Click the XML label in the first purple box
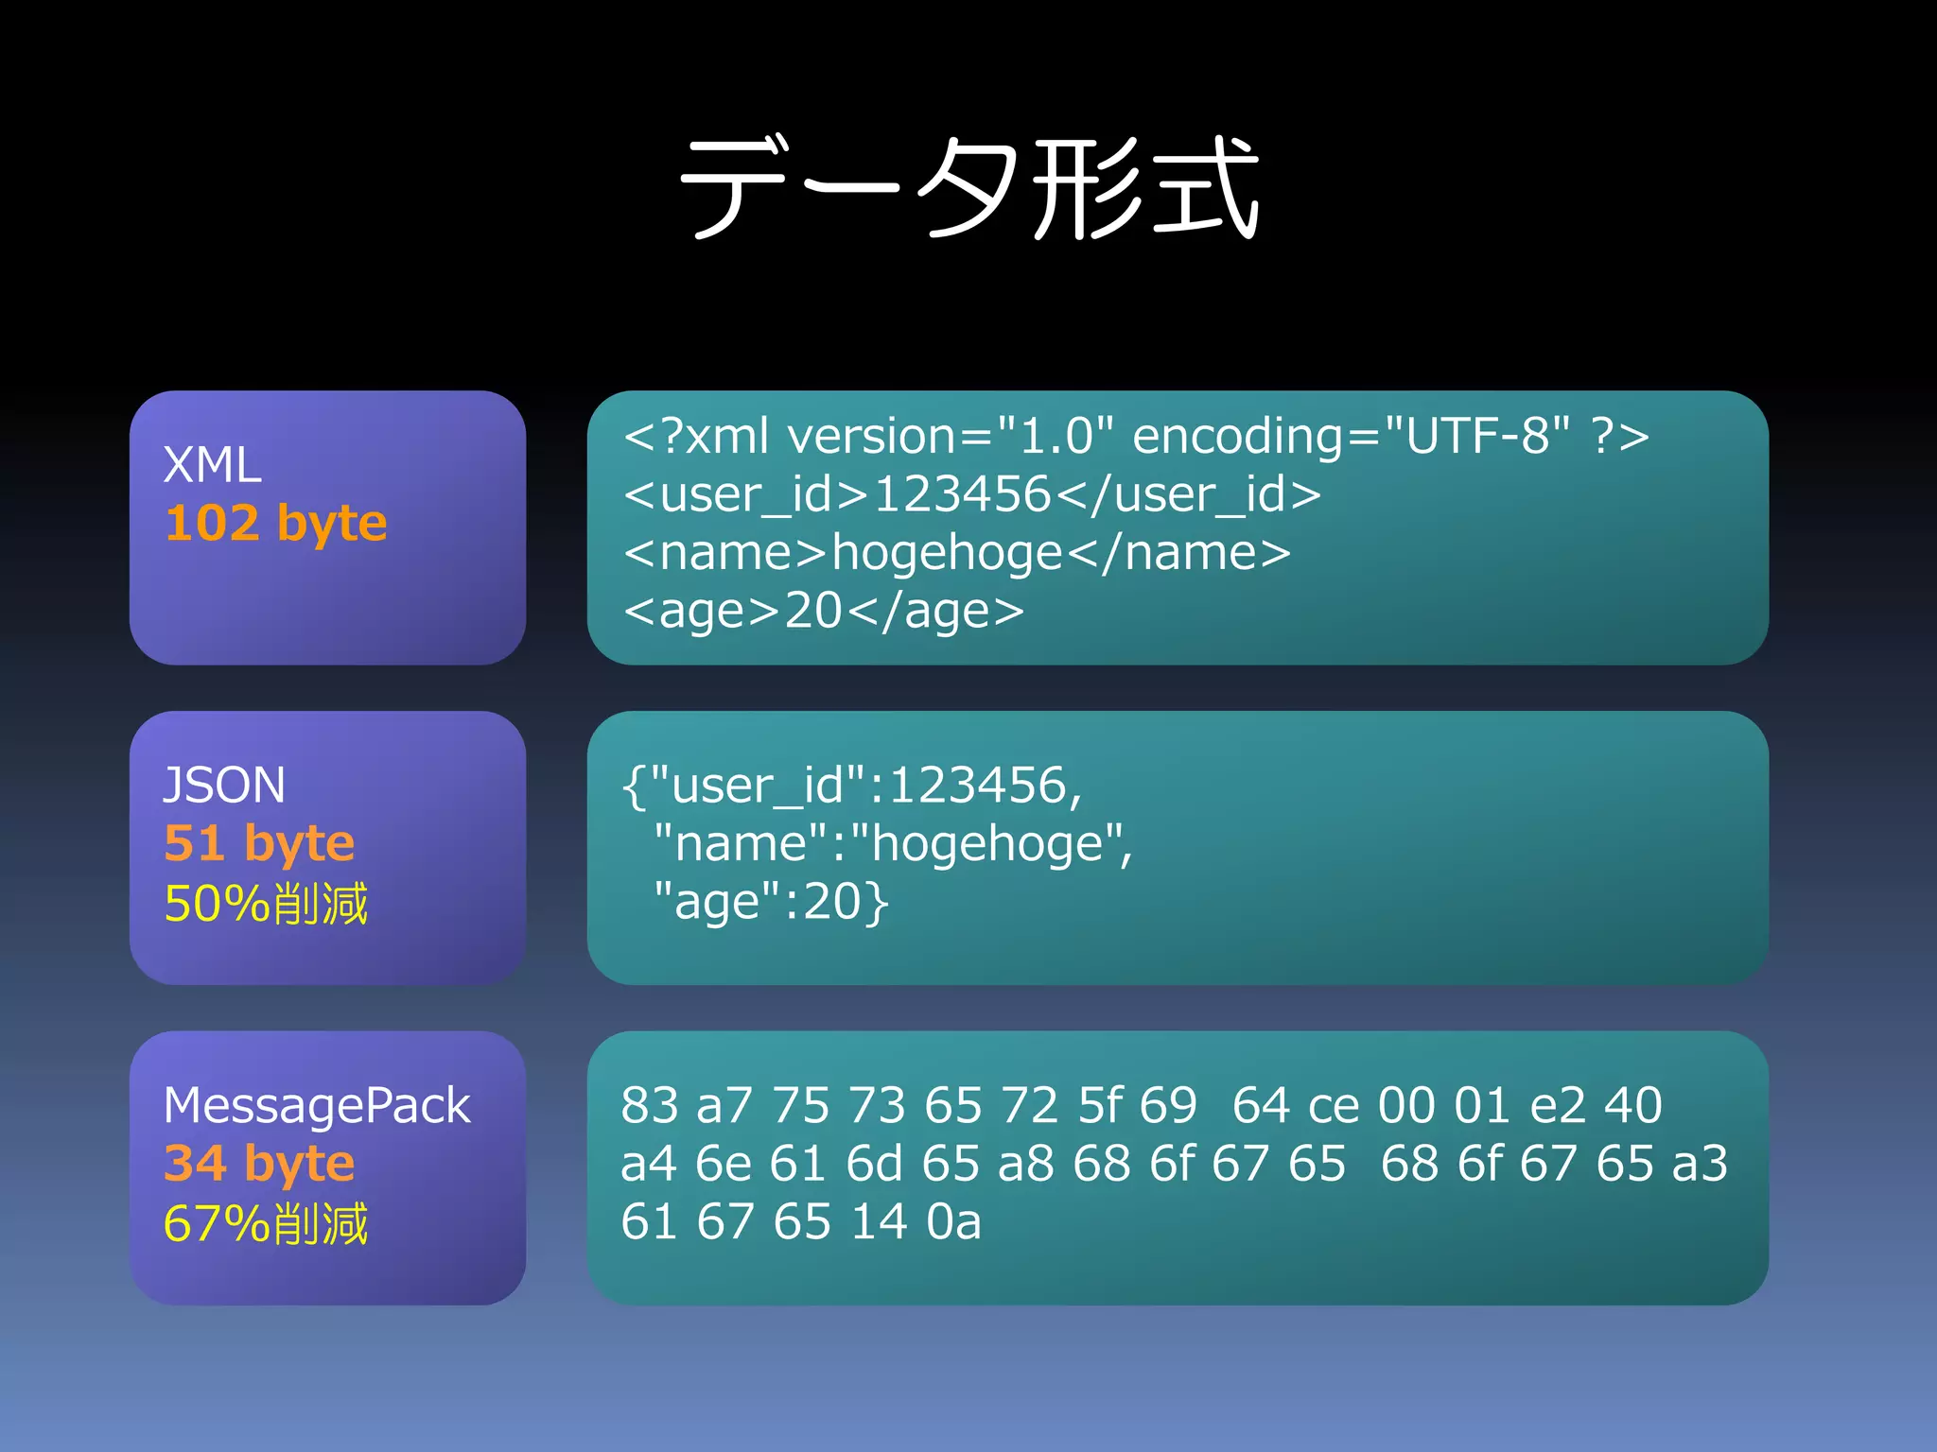pos(212,465)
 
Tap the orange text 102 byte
pos(275,523)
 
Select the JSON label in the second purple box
pos(223,786)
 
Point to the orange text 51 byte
pos(259,843)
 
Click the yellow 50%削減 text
pos(266,904)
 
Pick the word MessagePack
pos(316,1106)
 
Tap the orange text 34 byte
pos(259,1164)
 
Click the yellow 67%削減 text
pos(266,1224)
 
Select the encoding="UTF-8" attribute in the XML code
pos(1351,437)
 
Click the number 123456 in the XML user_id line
pos(961,494)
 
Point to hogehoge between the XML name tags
pos(947,553)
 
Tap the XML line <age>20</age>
pos(823,611)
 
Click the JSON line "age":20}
pos(770,902)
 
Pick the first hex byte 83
pos(650,1106)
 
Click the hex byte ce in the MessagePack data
pos(1333,1106)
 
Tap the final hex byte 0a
pos(953,1222)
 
